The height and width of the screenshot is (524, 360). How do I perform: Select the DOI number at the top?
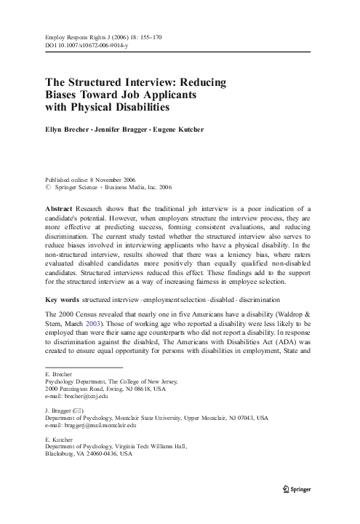(95, 45)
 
